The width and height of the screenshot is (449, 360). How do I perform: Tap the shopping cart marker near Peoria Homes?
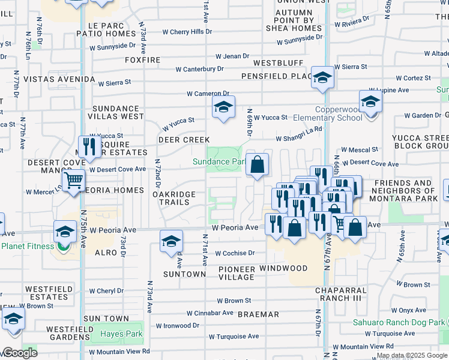click(x=73, y=179)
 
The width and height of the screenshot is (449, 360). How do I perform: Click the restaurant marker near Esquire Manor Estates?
click(x=89, y=146)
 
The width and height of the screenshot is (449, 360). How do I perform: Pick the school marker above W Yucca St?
click(x=223, y=108)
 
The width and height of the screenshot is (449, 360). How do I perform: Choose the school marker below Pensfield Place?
click(x=322, y=78)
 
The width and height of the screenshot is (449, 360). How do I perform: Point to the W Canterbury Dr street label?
click(x=199, y=69)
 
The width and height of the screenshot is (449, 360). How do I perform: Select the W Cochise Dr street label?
click(x=235, y=253)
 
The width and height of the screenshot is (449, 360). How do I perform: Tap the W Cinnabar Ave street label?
click(x=209, y=313)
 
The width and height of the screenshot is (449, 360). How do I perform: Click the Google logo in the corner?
click(x=19, y=353)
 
